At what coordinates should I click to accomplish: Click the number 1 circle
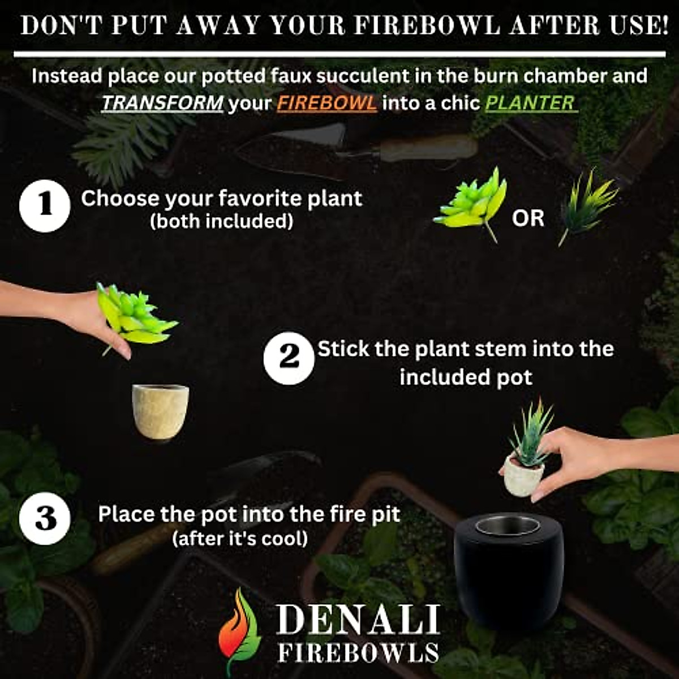(45, 206)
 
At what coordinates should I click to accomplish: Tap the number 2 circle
(289, 358)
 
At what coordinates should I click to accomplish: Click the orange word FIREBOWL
(326, 103)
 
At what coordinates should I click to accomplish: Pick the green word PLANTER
(531, 103)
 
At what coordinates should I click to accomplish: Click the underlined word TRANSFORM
(162, 103)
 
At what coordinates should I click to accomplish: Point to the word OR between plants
(527, 218)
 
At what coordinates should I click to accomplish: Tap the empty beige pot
(160, 411)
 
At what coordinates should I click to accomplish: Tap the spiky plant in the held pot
(532, 430)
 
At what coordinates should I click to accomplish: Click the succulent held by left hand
(134, 317)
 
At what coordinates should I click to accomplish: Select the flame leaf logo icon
(240, 631)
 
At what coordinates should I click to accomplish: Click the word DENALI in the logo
(358, 620)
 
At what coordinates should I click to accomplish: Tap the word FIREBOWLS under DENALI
(358, 652)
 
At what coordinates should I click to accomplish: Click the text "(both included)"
(221, 221)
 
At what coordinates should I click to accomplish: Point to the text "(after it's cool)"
(240, 538)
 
